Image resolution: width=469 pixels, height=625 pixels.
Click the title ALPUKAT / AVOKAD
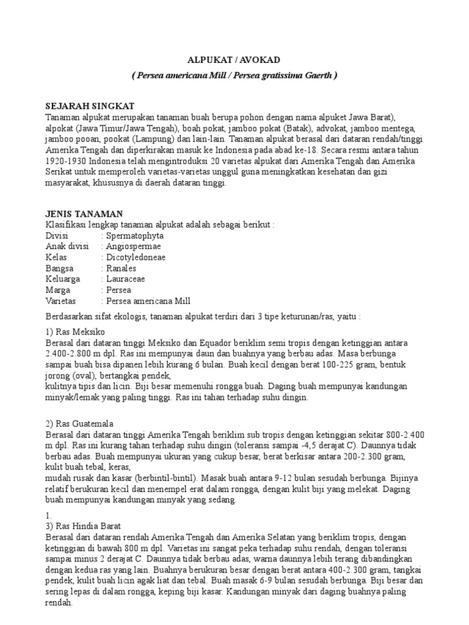click(x=233, y=60)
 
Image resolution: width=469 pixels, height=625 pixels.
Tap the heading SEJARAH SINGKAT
click(x=90, y=106)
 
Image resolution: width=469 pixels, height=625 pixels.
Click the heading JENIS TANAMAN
click(x=84, y=214)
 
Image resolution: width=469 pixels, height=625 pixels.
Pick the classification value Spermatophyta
click(x=135, y=236)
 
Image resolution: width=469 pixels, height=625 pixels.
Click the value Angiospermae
click(x=134, y=247)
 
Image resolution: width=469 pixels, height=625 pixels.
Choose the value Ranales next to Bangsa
click(x=122, y=269)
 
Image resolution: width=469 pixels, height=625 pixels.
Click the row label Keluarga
click(x=64, y=280)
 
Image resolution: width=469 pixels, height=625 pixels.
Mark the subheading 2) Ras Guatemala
click(x=79, y=424)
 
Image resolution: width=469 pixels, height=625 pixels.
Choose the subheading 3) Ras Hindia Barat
click(x=85, y=526)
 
